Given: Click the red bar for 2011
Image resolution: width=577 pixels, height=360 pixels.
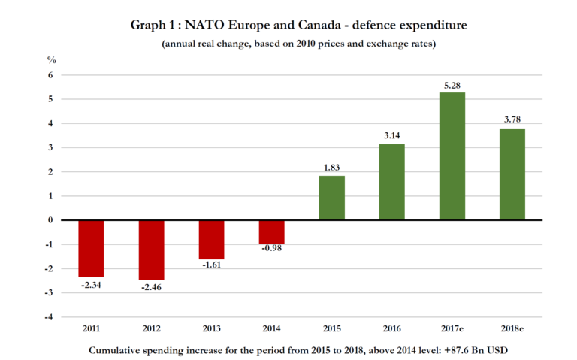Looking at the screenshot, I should [x=91, y=248].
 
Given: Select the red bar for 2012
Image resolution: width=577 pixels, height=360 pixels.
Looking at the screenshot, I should [x=151, y=250].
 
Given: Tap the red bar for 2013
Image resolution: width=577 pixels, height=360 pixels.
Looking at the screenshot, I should [x=211, y=239].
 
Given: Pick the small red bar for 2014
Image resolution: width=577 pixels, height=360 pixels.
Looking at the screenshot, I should [x=271, y=231].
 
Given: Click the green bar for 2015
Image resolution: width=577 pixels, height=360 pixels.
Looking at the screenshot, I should [x=331, y=198].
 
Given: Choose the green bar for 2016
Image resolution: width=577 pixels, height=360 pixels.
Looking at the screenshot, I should [x=391, y=182].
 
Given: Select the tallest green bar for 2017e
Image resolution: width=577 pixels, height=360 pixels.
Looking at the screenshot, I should [x=452, y=156].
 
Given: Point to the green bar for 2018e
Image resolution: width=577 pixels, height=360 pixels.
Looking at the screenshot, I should [x=512, y=174].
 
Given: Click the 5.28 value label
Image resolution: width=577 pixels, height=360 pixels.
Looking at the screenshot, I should [x=452, y=84].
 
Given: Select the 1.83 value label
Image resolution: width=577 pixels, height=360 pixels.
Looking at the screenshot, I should [x=331, y=168].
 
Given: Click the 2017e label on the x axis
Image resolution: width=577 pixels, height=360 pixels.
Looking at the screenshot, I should [x=452, y=330].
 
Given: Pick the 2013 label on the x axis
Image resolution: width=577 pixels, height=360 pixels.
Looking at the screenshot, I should [x=211, y=330].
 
